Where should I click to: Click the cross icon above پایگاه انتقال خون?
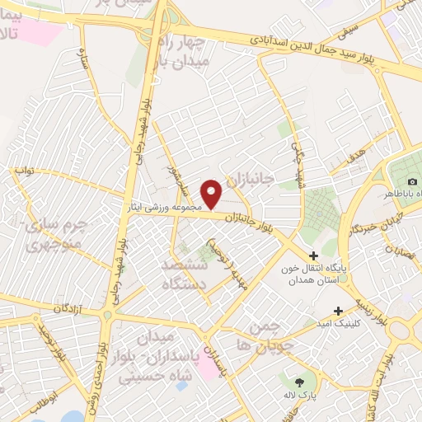[x=313, y=256]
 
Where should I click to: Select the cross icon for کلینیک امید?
[x=339, y=311]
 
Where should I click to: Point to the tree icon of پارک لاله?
[x=298, y=382]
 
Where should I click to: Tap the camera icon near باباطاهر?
[x=412, y=181]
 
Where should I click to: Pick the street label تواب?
[x=26, y=171]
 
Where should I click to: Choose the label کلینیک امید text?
[x=363, y=322]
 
